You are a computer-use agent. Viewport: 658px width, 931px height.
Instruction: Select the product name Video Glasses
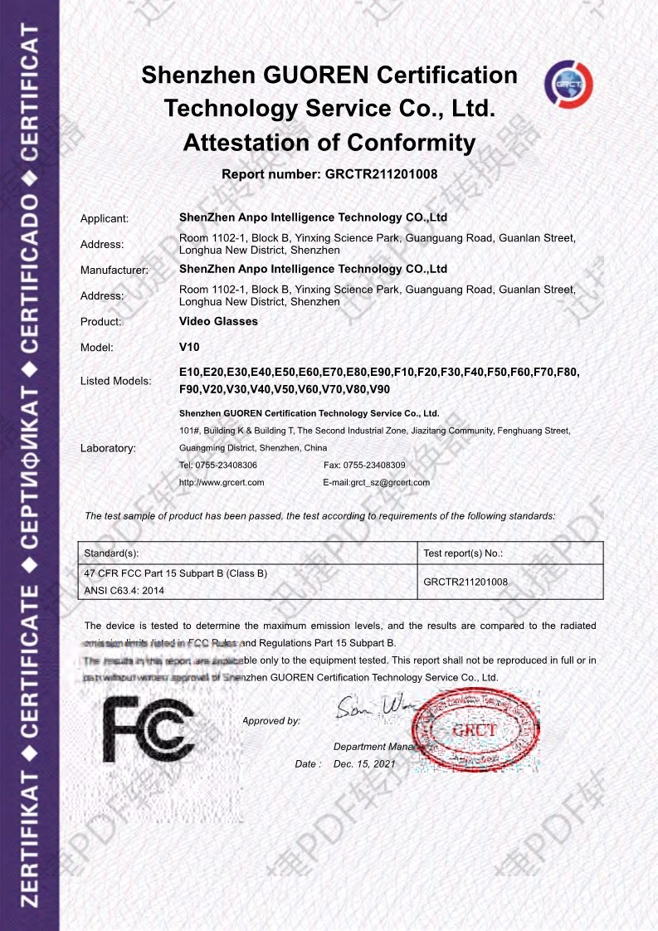tap(218, 321)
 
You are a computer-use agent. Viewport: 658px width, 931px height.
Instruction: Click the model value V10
tap(189, 347)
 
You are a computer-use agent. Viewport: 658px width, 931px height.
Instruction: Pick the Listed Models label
tap(115, 381)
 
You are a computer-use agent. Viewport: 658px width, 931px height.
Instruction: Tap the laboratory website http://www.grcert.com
tap(222, 482)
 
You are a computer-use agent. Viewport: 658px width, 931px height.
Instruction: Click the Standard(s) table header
tap(112, 553)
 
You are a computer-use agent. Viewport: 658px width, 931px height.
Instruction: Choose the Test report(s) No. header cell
tap(463, 553)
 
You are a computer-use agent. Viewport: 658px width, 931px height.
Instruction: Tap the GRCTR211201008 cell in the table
tap(465, 582)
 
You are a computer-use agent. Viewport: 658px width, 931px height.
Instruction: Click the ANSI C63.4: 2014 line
tap(124, 591)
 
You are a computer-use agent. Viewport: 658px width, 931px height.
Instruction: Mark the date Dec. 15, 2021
tap(364, 763)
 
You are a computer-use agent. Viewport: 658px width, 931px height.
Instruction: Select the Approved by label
tap(271, 721)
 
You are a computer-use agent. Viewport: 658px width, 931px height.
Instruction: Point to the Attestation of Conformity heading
tap(329, 143)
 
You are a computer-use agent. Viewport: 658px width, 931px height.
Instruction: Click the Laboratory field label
tap(108, 448)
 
